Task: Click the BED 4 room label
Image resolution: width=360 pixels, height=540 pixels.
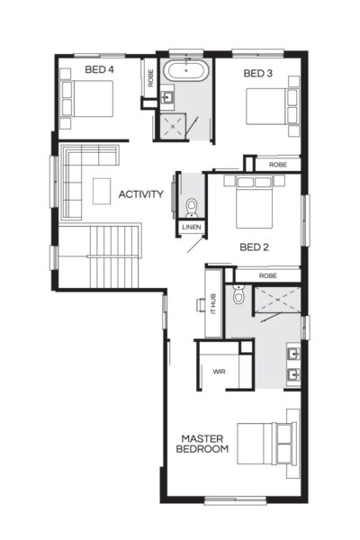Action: tap(98, 69)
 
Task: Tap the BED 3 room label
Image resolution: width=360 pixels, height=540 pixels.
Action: tap(258, 75)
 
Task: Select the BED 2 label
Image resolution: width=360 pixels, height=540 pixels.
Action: tap(255, 245)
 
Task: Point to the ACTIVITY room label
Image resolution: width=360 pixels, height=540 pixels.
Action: tap(140, 194)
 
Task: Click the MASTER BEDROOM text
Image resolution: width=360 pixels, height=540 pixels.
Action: tap(202, 443)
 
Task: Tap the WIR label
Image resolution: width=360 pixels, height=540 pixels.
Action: tap(219, 371)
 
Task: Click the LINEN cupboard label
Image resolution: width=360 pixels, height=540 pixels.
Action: tap(192, 227)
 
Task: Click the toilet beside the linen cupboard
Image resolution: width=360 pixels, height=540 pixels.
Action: tap(192, 208)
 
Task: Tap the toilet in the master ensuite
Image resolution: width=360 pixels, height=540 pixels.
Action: tap(238, 294)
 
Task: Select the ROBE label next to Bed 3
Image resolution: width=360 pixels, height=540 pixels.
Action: tap(277, 166)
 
